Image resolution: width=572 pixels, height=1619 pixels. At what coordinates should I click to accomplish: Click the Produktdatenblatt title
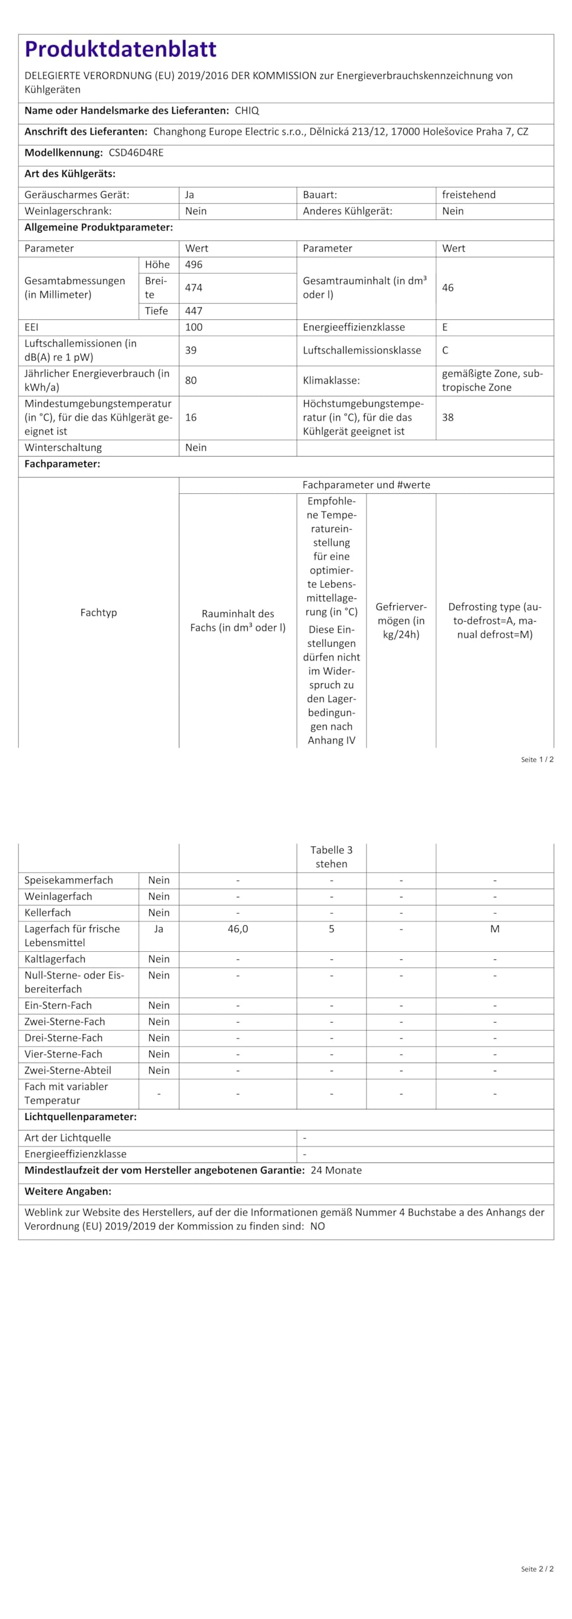coord(120,49)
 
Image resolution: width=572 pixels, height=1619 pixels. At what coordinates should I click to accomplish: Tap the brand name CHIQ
coord(246,111)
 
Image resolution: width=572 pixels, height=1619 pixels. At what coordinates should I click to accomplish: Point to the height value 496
coord(193,264)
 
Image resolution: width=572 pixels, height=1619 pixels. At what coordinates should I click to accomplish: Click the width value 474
coord(193,288)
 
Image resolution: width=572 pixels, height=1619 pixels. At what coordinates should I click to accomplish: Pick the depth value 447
coord(193,311)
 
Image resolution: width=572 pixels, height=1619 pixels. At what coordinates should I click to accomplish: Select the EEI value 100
coord(193,327)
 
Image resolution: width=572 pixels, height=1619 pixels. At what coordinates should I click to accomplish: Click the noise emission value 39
coord(191,350)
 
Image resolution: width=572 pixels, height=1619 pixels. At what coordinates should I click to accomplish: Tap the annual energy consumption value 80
coord(191,380)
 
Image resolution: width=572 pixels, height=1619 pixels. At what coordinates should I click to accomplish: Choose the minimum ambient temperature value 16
coord(191,417)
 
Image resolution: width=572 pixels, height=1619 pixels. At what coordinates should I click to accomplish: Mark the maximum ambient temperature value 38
coord(447,417)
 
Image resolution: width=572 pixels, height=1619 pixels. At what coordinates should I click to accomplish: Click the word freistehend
coord(468,195)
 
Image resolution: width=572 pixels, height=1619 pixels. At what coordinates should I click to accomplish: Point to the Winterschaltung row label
coord(63,448)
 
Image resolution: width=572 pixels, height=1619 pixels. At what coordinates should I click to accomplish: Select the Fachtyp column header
coord(99,612)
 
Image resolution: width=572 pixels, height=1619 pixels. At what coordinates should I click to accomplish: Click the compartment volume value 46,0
coord(238,929)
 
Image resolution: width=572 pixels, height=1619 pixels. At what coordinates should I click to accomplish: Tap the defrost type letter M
coord(495,929)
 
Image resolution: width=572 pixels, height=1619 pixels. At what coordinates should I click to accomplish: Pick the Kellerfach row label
coord(47,913)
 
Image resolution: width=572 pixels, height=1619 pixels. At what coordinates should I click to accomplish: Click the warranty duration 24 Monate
coord(336,1170)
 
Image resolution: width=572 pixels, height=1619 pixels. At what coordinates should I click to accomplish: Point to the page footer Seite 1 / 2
coord(537,760)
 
